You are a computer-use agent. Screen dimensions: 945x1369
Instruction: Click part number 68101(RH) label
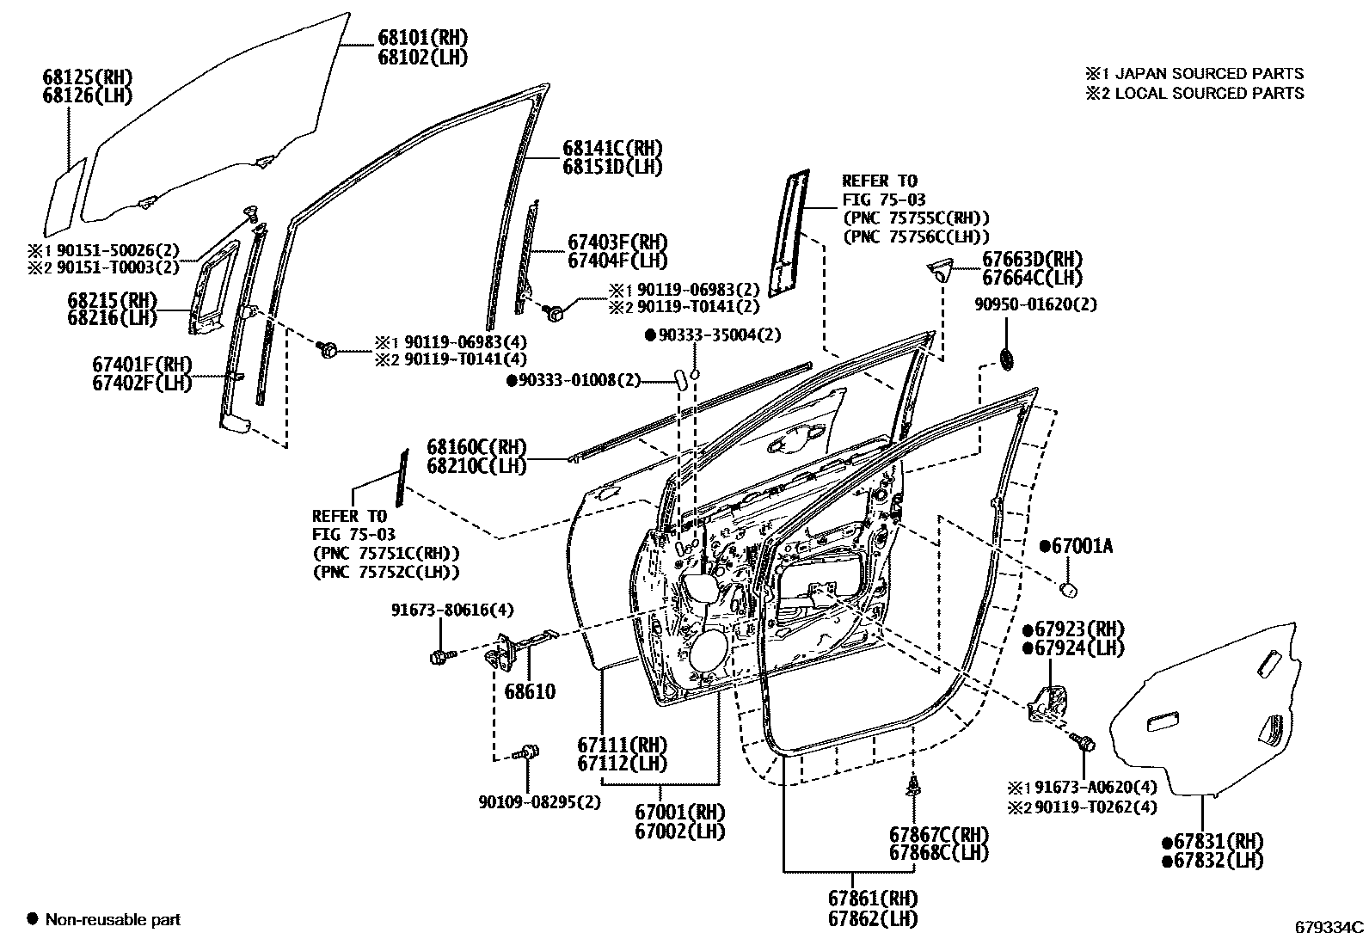[x=421, y=38]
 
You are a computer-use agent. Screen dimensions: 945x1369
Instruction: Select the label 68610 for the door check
[x=530, y=691]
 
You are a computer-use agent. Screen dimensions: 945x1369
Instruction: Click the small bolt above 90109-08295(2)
[x=527, y=752]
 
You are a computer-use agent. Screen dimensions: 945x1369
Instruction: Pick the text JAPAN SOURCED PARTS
[x=1209, y=74]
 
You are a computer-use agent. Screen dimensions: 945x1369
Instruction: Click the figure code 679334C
[x=1329, y=927]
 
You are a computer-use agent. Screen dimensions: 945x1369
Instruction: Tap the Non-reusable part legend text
[x=113, y=920]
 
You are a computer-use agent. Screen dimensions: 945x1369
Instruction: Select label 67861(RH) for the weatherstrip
[x=873, y=899]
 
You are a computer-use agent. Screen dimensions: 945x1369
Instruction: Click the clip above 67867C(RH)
[x=914, y=784]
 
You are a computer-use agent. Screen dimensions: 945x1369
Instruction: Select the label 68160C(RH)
[x=476, y=447]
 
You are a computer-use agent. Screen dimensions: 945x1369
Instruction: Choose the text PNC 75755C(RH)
[x=916, y=218]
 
